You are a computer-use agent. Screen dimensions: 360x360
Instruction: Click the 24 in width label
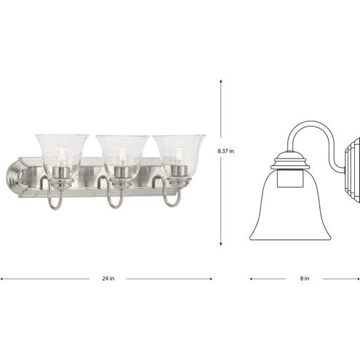pyautogui.click(x=108, y=279)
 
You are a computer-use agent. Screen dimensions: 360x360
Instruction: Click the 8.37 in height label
pyautogui.click(x=225, y=151)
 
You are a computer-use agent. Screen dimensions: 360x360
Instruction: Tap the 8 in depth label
pyautogui.click(x=305, y=279)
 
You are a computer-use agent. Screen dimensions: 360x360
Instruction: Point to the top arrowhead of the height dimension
pyautogui.click(x=221, y=81)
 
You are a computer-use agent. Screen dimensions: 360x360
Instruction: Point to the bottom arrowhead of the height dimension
pyautogui.click(x=221, y=244)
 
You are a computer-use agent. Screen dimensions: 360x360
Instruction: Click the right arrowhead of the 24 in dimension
pyautogui.click(x=211, y=279)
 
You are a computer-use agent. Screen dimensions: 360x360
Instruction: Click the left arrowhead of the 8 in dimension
pyautogui.click(x=252, y=279)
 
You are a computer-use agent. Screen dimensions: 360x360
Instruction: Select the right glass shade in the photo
pyautogui.click(x=179, y=155)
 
